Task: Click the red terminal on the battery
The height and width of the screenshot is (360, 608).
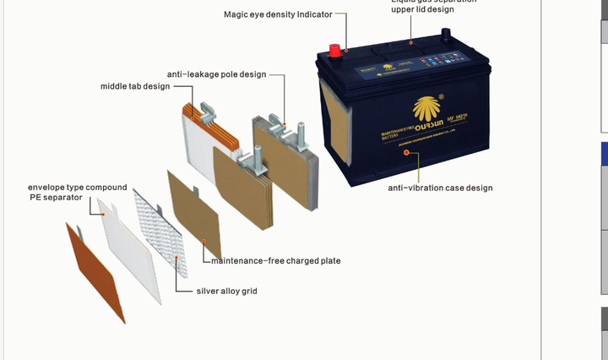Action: pos(335,50)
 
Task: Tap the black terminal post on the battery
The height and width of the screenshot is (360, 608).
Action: pos(445,35)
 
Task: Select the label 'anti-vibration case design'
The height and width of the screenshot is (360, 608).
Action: pos(440,188)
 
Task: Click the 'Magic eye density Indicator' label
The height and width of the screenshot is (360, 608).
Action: pos(278,14)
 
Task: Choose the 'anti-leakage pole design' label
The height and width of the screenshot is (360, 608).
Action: pos(216,74)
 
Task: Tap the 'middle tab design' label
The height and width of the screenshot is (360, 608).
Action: pos(135,86)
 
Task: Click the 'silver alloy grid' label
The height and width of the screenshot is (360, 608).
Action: pos(226,291)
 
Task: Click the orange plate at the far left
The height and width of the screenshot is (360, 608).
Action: pos(95,270)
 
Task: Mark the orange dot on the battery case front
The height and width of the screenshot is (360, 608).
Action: pos(405,152)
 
